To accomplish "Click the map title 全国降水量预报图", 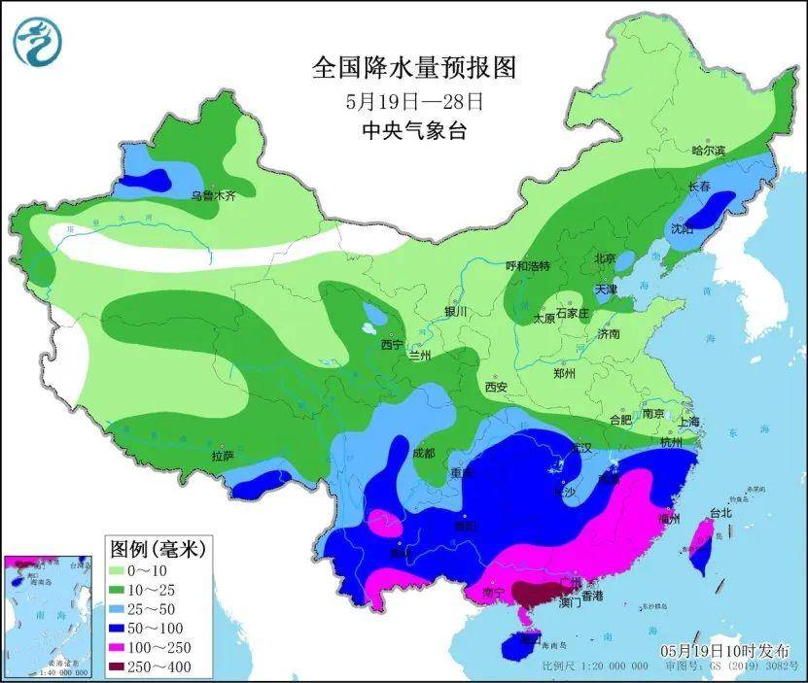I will click(x=412, y=68).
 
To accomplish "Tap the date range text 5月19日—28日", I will click(x=414, y=100).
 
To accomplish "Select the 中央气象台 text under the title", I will click(x=413, y=130).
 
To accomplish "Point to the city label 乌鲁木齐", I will click(x=212, y=195).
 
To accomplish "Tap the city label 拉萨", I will click(x=223, y=455).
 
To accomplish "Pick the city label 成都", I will click(x=423, y=453).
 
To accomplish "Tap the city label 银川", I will click(x=456, y=312).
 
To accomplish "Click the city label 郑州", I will click(x=564, y=373).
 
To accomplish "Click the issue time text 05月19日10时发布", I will click(x=724, y=650).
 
